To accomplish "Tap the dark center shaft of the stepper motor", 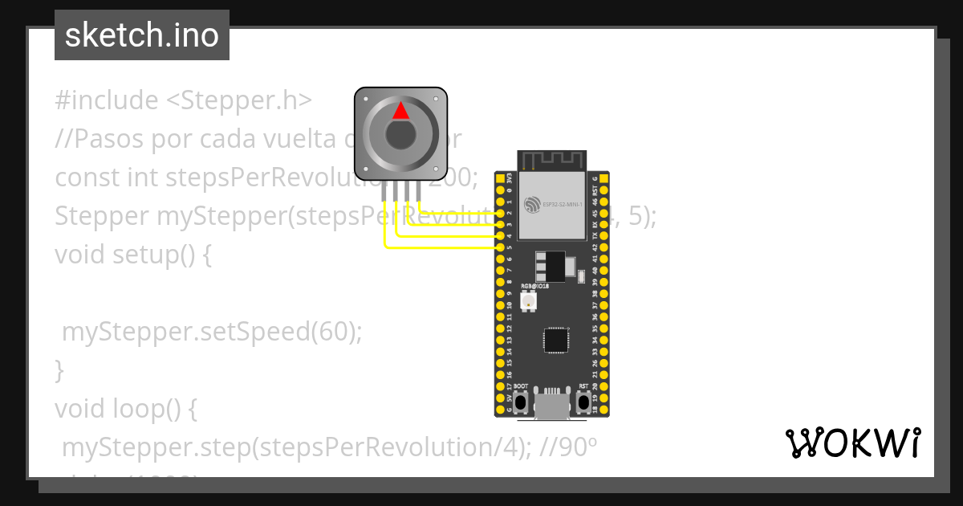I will coord(400,134).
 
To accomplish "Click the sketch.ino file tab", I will coord(142,35).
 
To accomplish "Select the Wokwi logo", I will coord(852,443).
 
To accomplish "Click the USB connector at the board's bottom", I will coord(551,406).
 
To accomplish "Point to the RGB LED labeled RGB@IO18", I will coord(529,301).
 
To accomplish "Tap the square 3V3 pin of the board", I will coord(500,179).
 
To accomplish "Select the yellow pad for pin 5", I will coord(500,248).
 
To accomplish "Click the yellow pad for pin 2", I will coord(500,214).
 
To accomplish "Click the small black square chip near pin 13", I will coord(555,340).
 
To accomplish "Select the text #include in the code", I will coord(107,100).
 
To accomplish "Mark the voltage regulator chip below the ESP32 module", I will coord(551,265).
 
